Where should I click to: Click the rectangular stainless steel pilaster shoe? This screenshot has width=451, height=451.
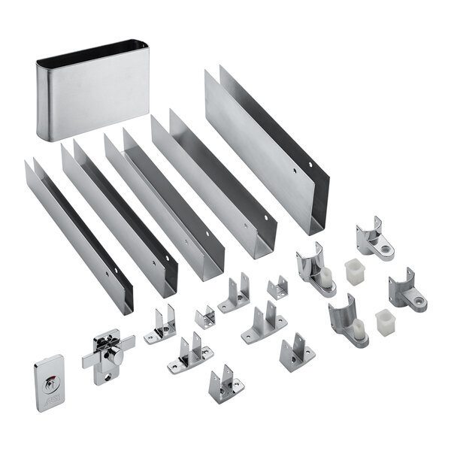click(x=90, y=98)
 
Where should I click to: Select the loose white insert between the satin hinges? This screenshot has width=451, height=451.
click(x=384, y=322)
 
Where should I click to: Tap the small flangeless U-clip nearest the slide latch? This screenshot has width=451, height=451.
click(x=204, y=316)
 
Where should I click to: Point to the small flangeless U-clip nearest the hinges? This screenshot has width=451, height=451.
click(x=277, y=287)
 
